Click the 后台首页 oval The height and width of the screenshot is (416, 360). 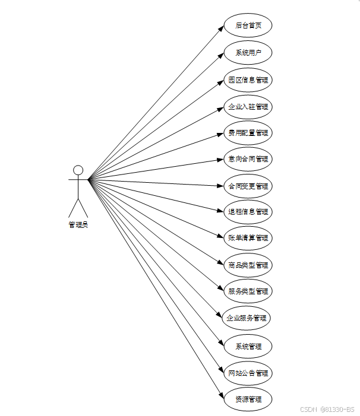(248, 26)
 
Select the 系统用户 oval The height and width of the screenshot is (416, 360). (248, 53)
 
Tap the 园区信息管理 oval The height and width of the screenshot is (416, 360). (248, 80)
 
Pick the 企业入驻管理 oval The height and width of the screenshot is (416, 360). (248, 107)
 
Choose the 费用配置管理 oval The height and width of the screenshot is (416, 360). (248, 133)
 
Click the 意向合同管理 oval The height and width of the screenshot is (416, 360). (248, 159)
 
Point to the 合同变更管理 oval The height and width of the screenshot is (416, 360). (248, 186)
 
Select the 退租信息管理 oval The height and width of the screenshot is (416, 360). (248, 211)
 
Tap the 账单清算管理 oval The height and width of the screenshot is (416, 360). (248, 238)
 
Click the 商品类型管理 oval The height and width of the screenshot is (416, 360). (248, 265)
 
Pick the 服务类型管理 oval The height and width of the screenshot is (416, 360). (248, 291)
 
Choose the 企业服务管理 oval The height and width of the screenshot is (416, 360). (246, 317)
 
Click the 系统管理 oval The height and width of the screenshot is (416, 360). (248, 346)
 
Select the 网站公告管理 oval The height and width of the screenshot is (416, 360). (248, 373)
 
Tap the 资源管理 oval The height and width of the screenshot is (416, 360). (248, 399)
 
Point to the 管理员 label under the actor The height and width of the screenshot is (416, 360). (78, 224)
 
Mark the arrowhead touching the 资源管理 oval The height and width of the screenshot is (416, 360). (222, 396)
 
